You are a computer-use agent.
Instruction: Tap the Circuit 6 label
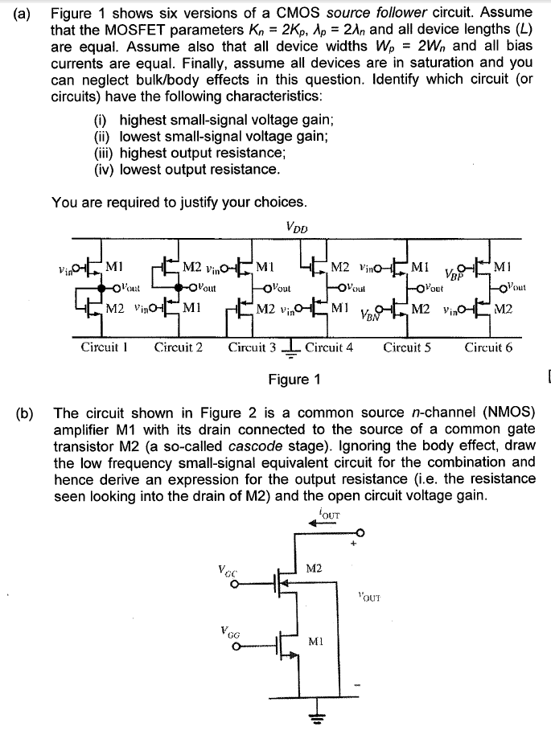(488, 348)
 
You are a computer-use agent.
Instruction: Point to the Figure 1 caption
(294, 379)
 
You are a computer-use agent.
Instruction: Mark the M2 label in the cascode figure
(315, 569)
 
